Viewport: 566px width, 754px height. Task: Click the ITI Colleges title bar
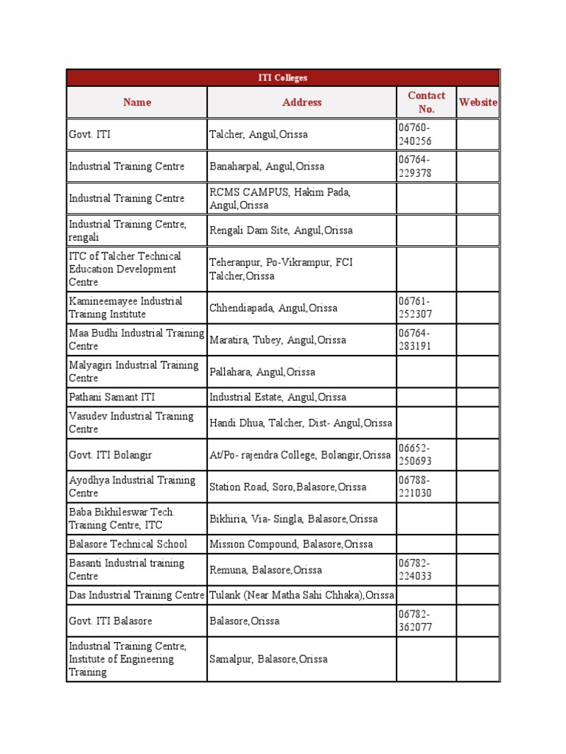[x=283, y=77]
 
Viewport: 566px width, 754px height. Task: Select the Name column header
[x=137, y=102]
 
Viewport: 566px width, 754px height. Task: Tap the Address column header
[x=302, y=102]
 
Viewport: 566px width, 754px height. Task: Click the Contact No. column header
[x=426, y=102]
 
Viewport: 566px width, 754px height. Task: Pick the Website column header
[x=478, y=102]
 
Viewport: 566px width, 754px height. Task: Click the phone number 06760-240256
[x=416, y=135]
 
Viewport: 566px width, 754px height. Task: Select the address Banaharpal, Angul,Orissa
[x=267, y=166]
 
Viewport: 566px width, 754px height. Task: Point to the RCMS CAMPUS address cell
[x=281, y=199]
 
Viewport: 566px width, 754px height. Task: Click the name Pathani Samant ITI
[x=109, y=397]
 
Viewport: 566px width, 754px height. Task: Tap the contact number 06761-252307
[x=416, y=308]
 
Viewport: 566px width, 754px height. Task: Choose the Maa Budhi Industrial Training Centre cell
[x=136, y=339]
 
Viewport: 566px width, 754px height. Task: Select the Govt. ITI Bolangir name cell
[x=111, y=454]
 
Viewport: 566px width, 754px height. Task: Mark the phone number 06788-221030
[x=416, y=487]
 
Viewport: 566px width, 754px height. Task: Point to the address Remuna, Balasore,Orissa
[x=265, y=570]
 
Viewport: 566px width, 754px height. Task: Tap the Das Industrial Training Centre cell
[x=136, y=595]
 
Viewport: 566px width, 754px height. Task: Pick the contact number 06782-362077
[x=416, y=621]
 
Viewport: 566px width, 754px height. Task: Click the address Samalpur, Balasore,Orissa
[x=268, y=659]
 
